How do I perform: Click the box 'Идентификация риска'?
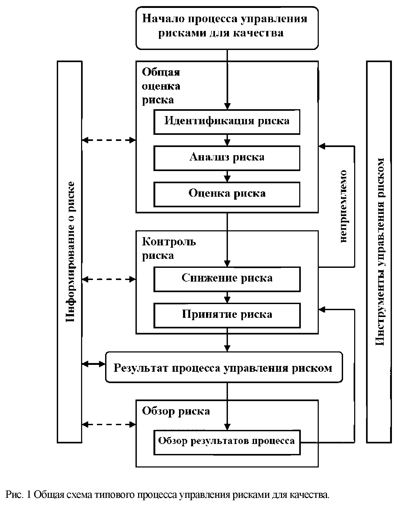[x=227, y=121]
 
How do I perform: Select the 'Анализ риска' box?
[x=227, y=158]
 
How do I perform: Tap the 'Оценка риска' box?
[x=227, y=194]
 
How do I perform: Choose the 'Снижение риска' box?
[x=227, y=279]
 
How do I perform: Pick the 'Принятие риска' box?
[x=227, y=315]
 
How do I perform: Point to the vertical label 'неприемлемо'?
[x=343, y=206]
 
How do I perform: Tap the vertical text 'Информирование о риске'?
[x=70, y=251]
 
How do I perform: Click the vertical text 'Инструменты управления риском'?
[x=380, y=251]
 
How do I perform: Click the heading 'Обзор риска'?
[x=176, y=411]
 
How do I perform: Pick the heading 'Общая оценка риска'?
[x=161, y=86]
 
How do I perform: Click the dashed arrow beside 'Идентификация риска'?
[x=109, y=140]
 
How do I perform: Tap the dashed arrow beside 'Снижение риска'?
[x=109, y=279]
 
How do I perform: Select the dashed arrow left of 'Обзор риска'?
[x=109, y=425]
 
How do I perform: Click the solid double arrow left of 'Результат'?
[x=93, y=364]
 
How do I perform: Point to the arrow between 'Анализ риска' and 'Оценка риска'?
[x=227, y=176]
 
